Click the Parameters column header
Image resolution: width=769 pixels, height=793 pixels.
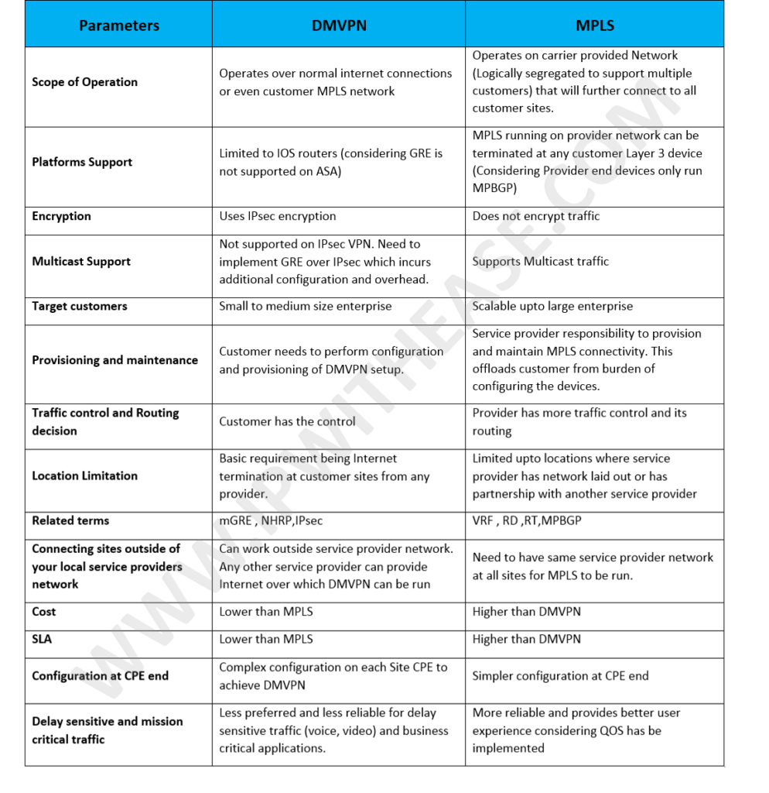[118, 26]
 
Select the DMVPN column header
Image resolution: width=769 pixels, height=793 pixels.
[339, 26]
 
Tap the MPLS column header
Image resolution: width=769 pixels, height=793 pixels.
[594, 26]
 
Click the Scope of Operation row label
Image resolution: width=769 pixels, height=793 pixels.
[84, 82]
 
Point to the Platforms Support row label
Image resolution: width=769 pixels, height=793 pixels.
[82, 162]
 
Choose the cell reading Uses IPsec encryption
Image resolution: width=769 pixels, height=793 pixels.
[277, 216]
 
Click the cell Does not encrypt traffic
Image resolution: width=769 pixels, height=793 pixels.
[535, 216]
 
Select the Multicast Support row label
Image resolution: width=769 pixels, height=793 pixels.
[81, 261]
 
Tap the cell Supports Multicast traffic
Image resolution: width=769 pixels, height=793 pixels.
[540, 261]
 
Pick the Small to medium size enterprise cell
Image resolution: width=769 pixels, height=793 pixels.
[305, 306]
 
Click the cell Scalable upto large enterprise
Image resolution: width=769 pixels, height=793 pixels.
[552, 306]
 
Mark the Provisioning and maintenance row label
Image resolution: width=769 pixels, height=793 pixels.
[114, 360]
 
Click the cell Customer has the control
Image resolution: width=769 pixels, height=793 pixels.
[287, 421]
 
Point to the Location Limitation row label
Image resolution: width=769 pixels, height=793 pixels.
[84, 475]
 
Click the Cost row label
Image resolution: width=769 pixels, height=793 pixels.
[44, 612]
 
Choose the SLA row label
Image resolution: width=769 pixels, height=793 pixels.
[42, 640]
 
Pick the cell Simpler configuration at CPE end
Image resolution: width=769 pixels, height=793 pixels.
[560, 676]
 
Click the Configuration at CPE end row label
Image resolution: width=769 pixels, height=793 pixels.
[100, 676]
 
